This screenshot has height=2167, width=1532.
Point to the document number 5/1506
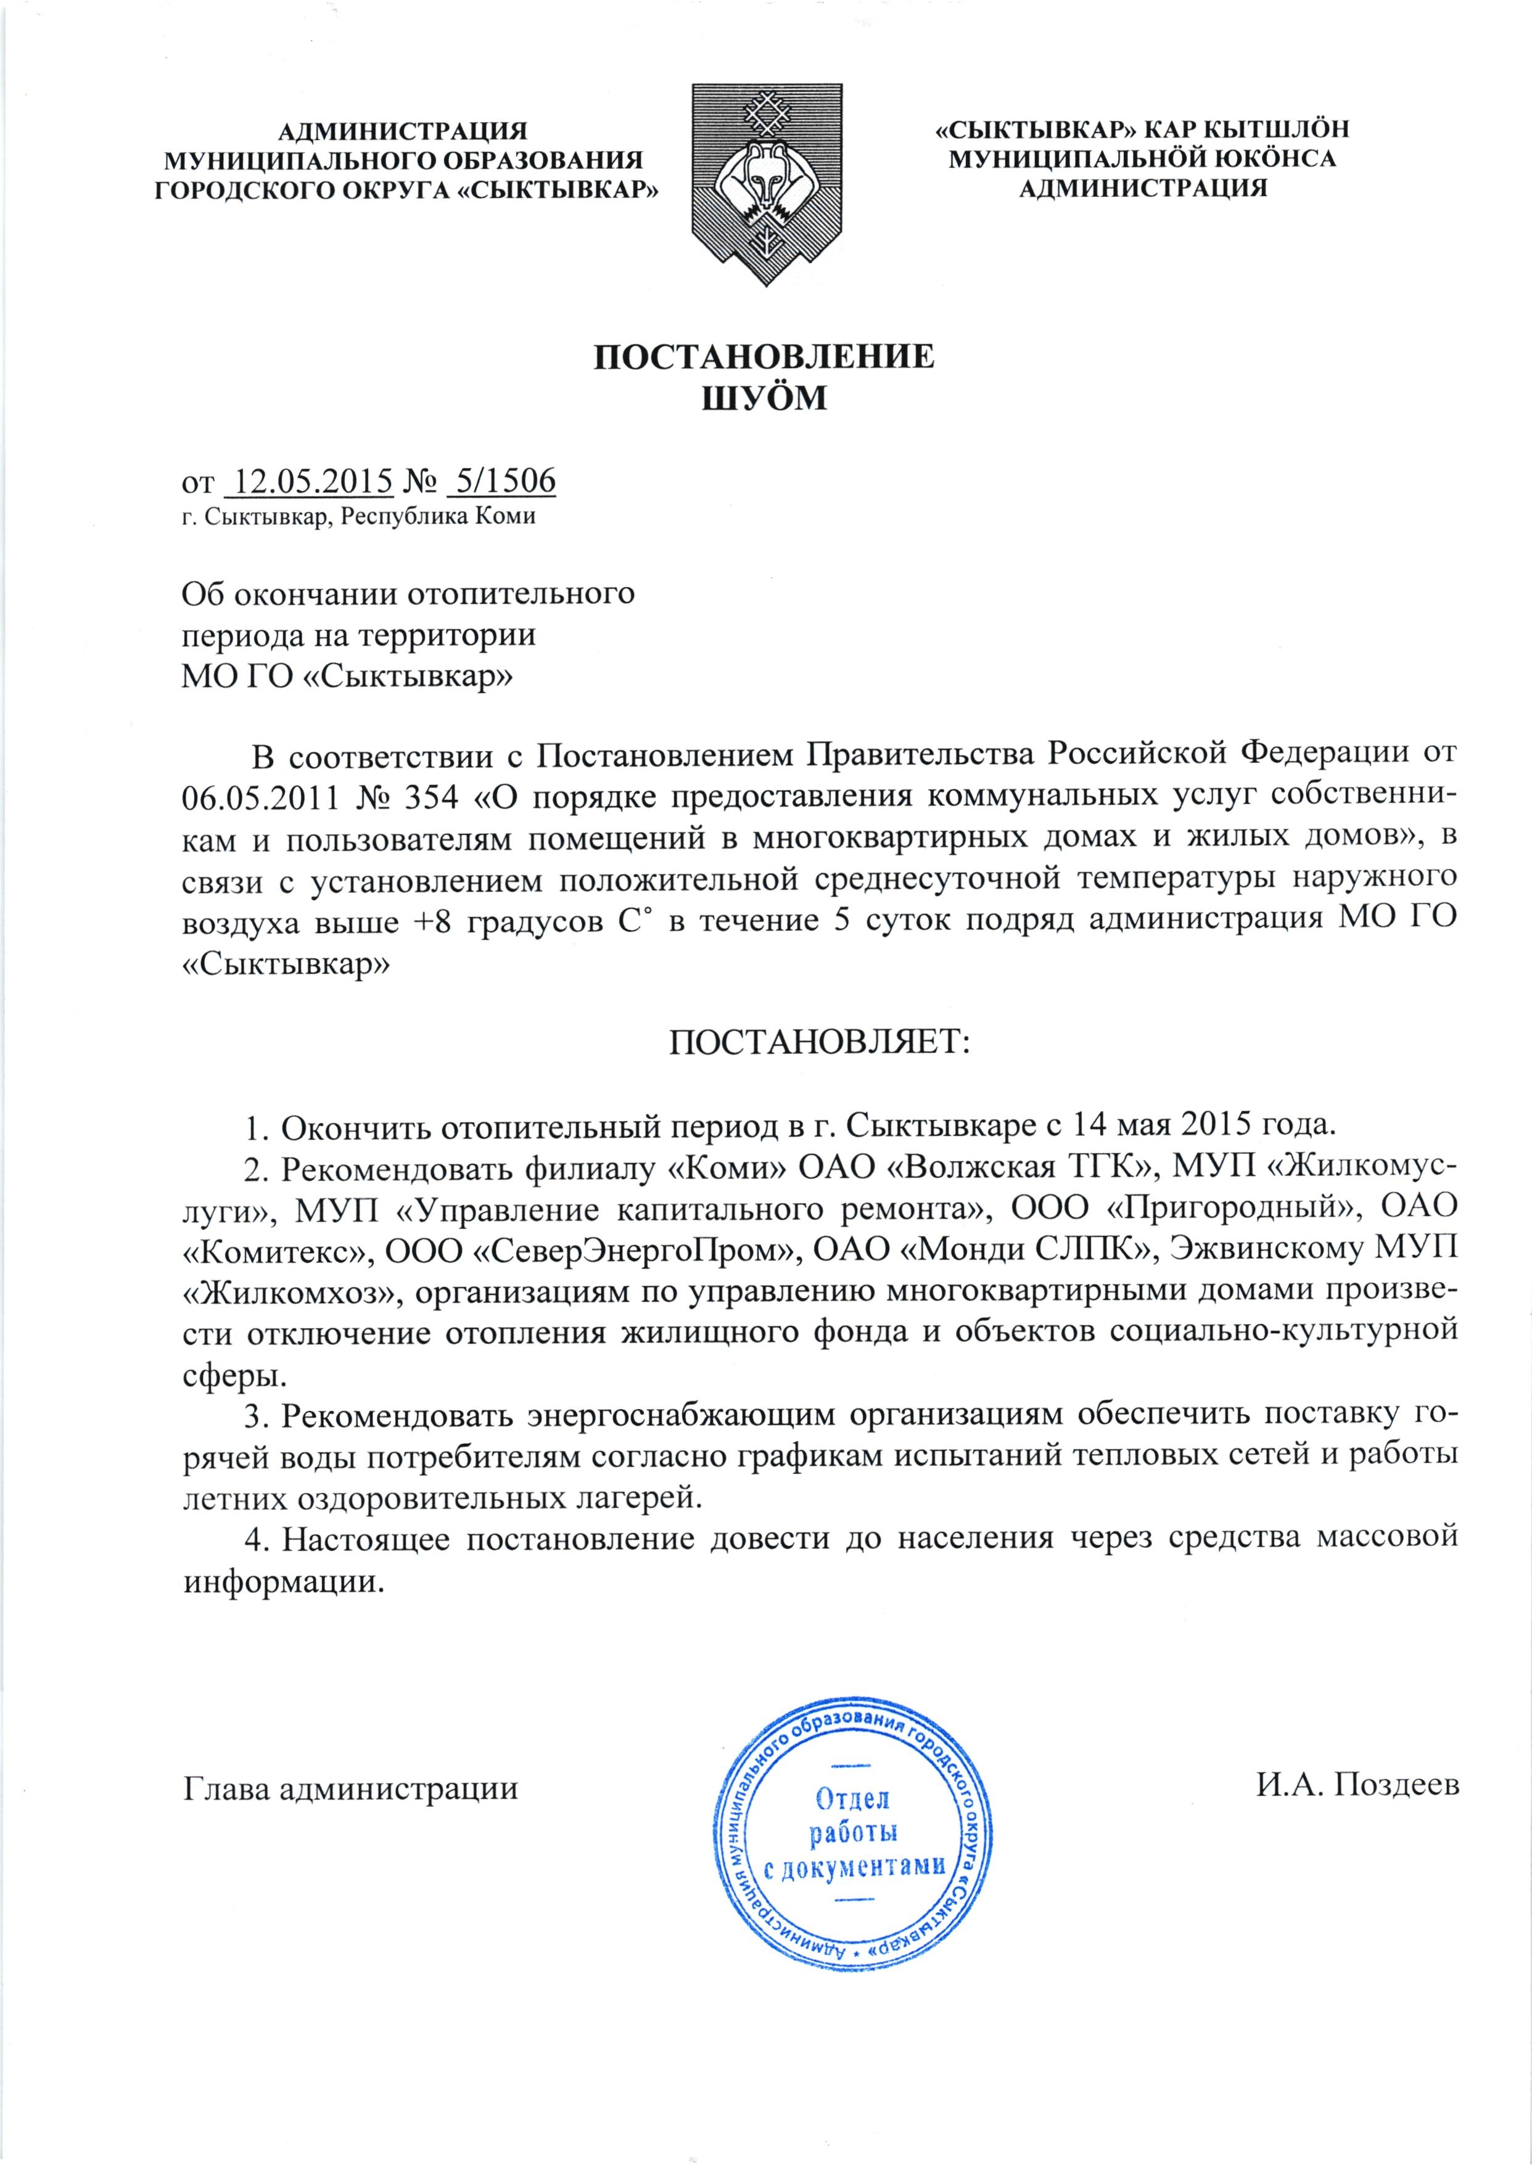[501, 482]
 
